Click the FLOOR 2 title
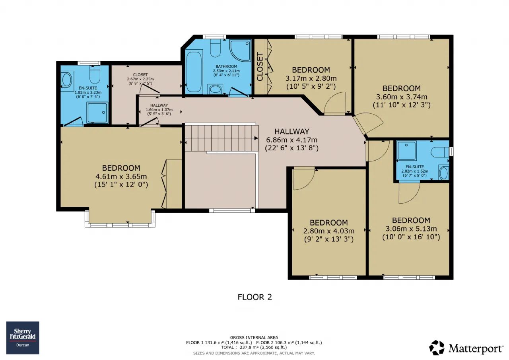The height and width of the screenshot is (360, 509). tap(254, 297)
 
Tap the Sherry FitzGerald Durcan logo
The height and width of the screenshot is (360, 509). tap(23, 338)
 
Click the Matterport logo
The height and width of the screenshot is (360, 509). tap(466, 348)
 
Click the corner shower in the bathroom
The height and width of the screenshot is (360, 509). tap(240, 51)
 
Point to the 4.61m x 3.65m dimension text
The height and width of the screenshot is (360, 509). tap(121, 176)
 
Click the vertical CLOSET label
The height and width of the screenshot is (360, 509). tap(260, 66)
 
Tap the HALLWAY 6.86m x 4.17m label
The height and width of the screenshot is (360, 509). tap(292, 140)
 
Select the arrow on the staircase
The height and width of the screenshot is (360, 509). tap(256, 138)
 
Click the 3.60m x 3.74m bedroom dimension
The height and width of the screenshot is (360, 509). tap(402, 97)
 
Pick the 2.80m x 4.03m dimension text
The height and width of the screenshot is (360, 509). tap(329, 231)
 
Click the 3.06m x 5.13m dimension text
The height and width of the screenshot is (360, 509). tap(411, 229)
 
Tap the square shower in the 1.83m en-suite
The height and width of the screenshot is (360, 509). tap(97, 113)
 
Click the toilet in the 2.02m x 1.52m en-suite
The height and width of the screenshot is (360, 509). tap(440, 152)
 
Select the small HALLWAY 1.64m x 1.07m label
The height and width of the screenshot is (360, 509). tap(159, 109)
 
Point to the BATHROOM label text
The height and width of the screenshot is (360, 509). tap(226, 66)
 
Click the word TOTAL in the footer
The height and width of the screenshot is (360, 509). tap(228, 347)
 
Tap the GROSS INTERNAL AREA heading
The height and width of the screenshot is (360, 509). tap(254, 338)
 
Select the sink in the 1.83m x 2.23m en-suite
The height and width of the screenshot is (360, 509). tap(67, 80)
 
